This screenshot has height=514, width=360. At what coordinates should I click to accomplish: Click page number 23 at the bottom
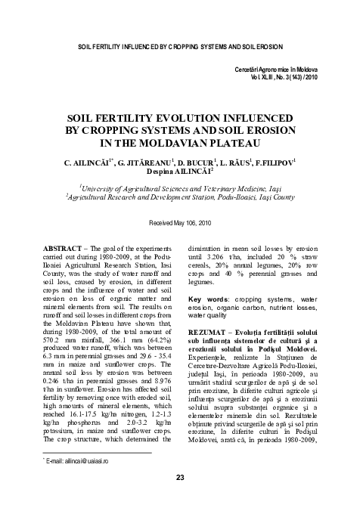pos(180,477)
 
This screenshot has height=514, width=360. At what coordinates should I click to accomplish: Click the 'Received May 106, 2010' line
pos(179,224)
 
